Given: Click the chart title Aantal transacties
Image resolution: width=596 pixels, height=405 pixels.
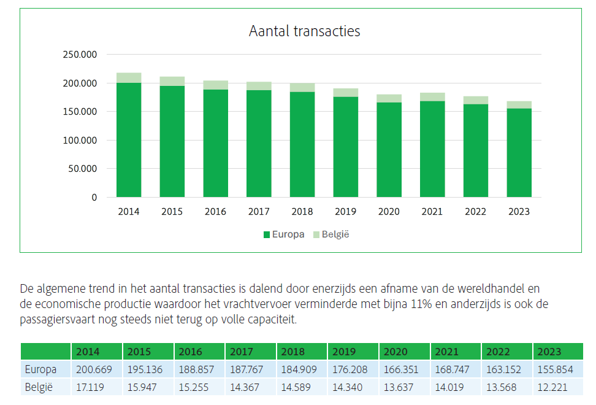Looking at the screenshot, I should (x=304, y=31).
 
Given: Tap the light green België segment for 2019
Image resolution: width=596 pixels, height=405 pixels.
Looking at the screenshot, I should (x=345, y=93).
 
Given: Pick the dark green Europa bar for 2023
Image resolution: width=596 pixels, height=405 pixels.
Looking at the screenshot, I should (x=519, y=153).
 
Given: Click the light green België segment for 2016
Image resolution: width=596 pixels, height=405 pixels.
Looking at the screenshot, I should (x=215, y=85).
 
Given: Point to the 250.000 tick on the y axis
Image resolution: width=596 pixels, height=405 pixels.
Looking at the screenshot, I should (x=80, y=55).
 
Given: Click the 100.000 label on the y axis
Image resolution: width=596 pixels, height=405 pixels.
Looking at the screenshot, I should (x=80, y=141).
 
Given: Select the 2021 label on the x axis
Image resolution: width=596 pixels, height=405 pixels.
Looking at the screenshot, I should (x=432, y=212).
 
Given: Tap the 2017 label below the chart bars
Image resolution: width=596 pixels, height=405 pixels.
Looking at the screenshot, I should (x=259, y=212).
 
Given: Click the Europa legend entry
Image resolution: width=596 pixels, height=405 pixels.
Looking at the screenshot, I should (x=283, y=234).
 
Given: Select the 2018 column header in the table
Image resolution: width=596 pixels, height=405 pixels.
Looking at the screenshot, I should (x=293, y=352).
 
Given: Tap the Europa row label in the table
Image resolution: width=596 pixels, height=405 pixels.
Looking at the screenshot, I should (x=40, y=370).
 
